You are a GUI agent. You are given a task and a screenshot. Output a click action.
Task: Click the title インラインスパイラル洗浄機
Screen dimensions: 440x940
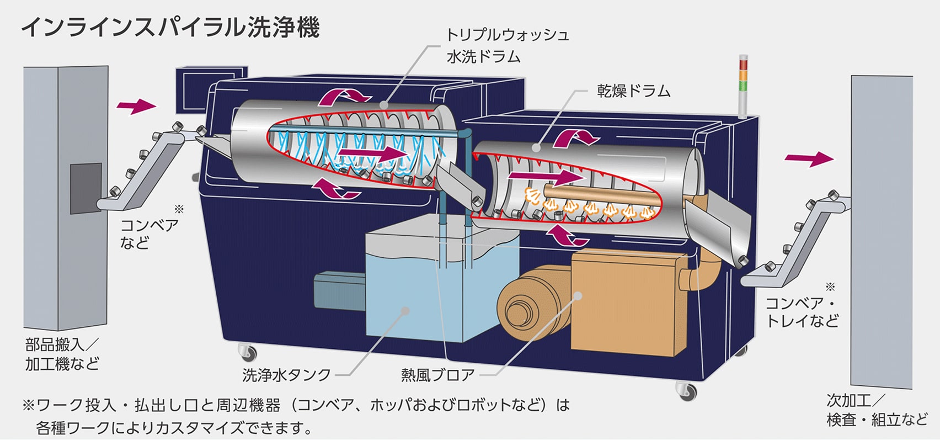tap(170, 26)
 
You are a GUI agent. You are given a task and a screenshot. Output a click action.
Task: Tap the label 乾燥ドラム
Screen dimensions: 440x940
tap(633, 91)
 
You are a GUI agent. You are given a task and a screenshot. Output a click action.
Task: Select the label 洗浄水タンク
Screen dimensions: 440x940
tap(286, 375)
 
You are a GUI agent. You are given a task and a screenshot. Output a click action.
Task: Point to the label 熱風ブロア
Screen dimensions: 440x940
tap(437, 375)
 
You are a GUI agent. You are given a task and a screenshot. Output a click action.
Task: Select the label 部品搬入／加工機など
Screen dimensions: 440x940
tap(61, 354)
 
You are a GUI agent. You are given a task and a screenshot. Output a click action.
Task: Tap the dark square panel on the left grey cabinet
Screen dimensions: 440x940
tap(86, 188)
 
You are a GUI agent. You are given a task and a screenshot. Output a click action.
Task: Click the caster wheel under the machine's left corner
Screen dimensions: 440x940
tap(247, 351)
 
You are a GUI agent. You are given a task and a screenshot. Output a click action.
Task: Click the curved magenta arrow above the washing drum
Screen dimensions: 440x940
tap(345, 96)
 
